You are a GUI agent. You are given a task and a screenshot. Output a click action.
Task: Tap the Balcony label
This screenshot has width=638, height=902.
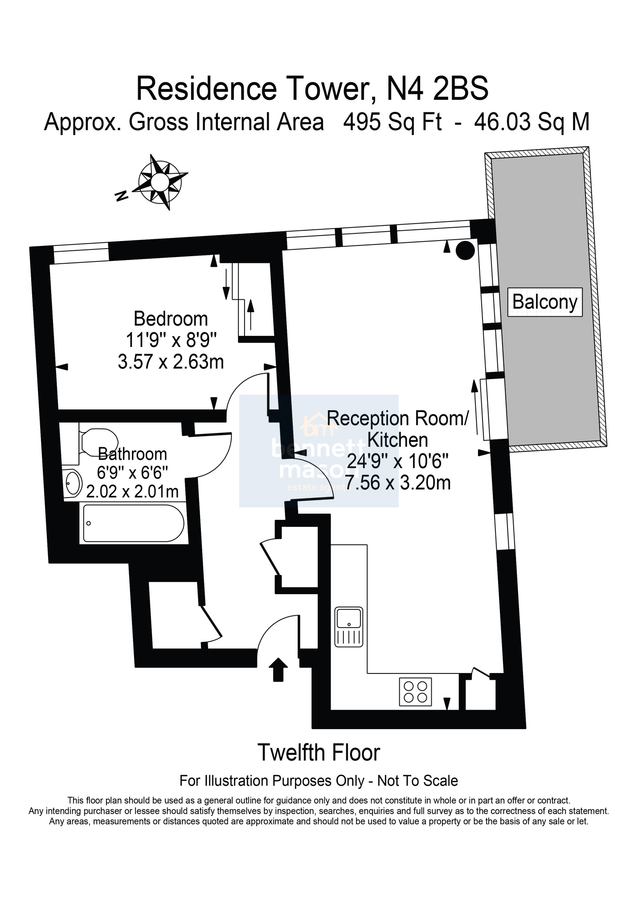click(x=545, y=302)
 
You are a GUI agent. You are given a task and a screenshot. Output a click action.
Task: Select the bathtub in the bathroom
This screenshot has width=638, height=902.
click(x=133, y=523)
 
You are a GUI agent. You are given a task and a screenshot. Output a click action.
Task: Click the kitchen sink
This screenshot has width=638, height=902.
click(x=349, y=627)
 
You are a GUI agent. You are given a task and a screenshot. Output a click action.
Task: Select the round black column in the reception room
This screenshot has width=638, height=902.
click(x=464, y=250)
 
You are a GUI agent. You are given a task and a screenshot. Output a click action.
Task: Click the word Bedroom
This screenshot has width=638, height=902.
click(x=171, y=319)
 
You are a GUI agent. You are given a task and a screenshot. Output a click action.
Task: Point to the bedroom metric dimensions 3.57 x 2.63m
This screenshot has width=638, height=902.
click(x=171, y=361)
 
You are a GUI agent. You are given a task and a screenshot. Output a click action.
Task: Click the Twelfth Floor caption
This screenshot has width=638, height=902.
click(x=319, y=753)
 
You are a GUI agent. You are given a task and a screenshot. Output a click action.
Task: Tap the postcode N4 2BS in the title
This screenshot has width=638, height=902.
click(x=437, y=89)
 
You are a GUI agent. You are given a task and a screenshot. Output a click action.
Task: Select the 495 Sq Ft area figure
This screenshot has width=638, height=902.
click(x=392, y=122)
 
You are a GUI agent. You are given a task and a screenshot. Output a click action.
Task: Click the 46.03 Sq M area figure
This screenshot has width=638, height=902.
click(x=532, y=122)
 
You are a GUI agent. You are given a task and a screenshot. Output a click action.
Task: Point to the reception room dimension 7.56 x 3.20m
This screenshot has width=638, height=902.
click(x=397, y=482)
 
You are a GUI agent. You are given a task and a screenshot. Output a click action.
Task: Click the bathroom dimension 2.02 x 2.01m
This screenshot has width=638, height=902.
click(x=132, y=491)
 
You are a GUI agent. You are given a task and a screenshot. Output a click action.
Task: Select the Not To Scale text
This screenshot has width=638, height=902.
click(x=417, y=780)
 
